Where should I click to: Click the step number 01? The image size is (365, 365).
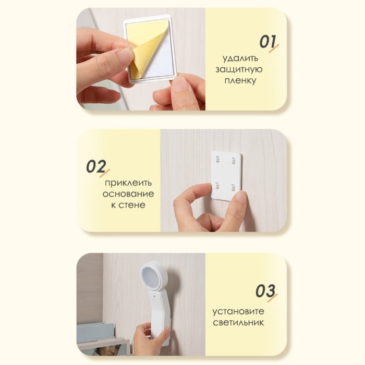[x=267, y=42]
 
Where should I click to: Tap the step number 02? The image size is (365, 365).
[x=96, y=166]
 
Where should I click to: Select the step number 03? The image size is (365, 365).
[x=265, y=291]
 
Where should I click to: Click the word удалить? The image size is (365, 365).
[x=240, y=58]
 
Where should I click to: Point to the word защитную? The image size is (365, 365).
[x=239, y=69]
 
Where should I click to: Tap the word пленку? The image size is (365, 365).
[x=240, y=80]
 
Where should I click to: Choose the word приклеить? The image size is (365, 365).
[x=128, y=182]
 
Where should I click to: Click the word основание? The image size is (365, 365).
[x=128, y=193]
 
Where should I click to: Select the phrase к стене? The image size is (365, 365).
[x=128, y=205]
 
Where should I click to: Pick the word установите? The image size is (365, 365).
[x=238, y=311]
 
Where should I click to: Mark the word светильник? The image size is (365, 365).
[x=238, y=322]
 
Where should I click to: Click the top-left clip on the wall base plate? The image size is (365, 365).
[x=217, y=159]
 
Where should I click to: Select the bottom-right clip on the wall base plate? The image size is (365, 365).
[x=233, y=187]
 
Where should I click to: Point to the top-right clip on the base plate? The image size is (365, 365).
[x=233, y=160]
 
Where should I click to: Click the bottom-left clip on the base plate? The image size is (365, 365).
[x=217, y=185]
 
